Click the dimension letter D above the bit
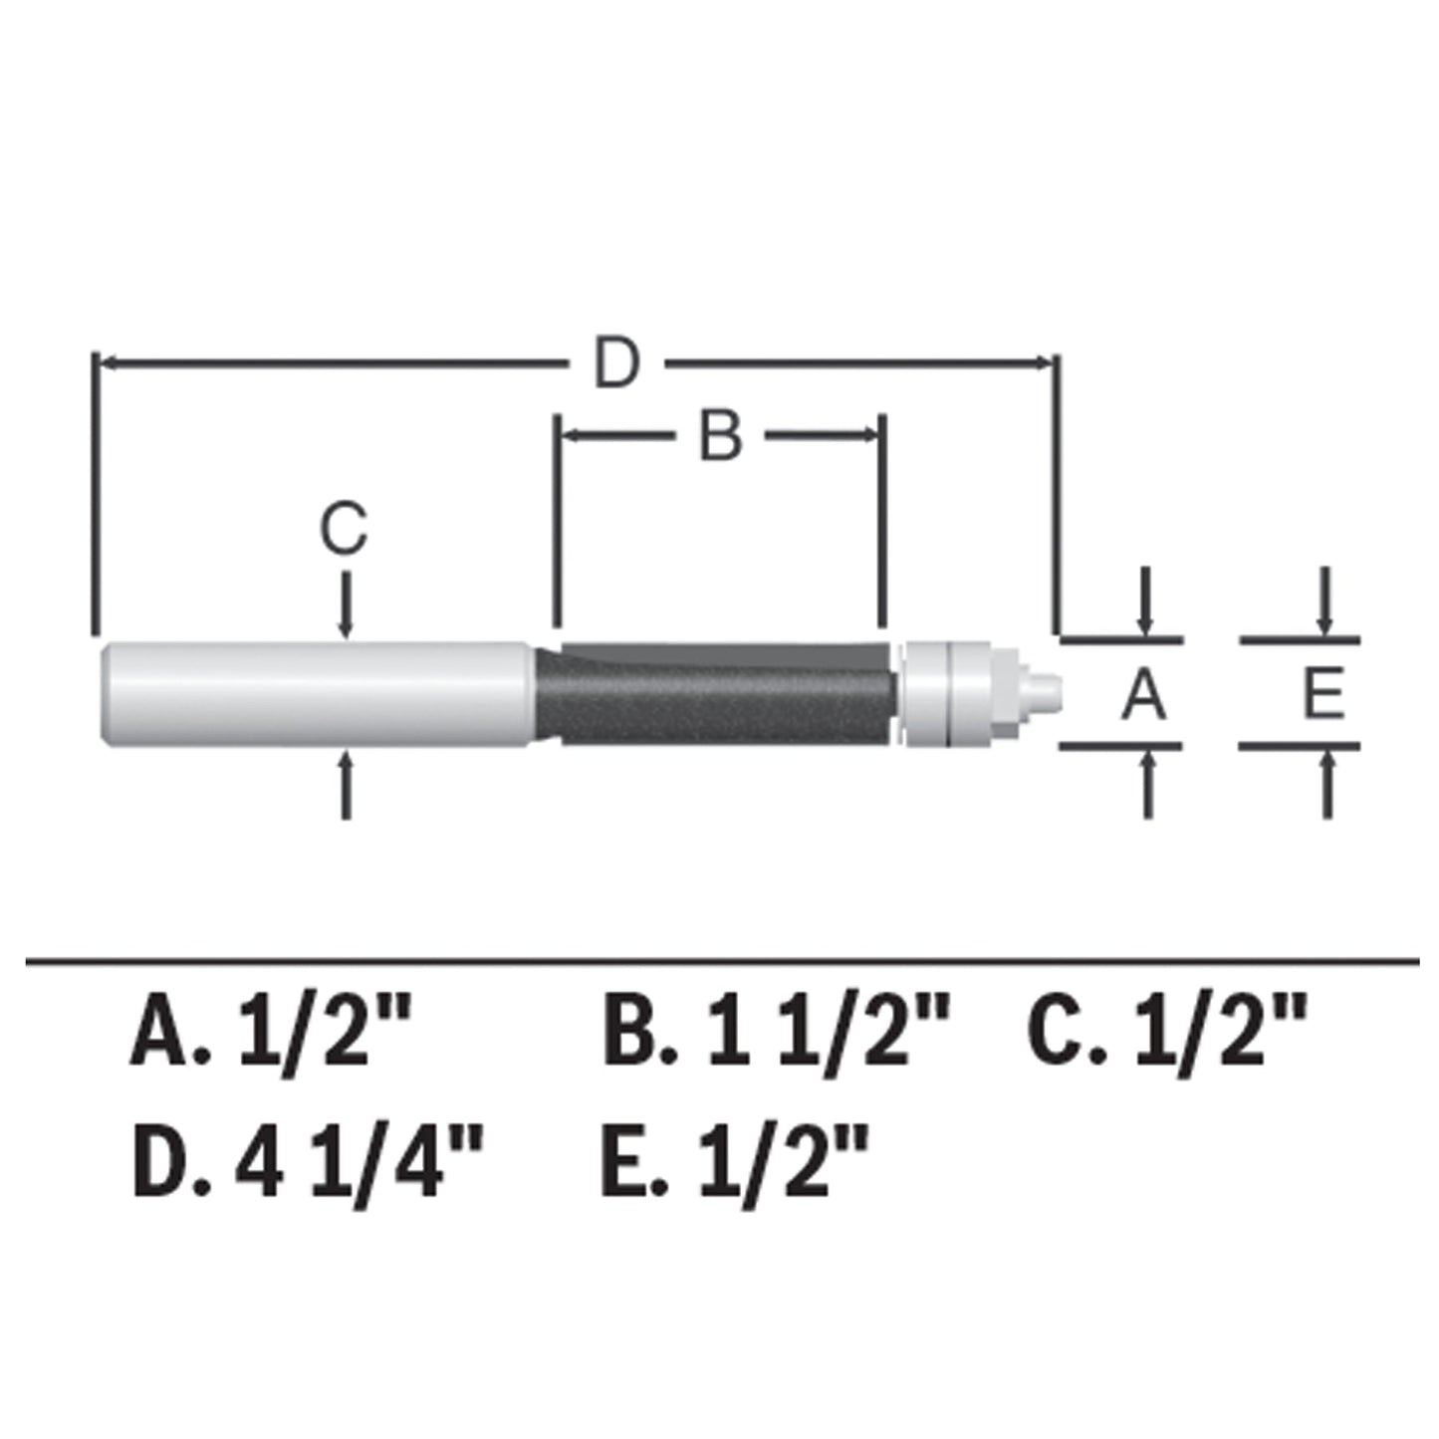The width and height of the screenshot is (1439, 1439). [x=616, y=363]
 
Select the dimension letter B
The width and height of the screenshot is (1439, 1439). [x=720, y=435]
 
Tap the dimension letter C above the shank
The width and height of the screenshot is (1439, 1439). [x=344, y=528]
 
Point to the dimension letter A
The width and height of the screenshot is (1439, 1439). [x=1143, y=694]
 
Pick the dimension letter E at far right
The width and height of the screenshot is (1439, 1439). [x=1323, y=694]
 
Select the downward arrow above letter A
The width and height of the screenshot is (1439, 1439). [x=1145, y=603]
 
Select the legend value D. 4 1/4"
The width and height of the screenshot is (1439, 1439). [x=308, y=1161]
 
